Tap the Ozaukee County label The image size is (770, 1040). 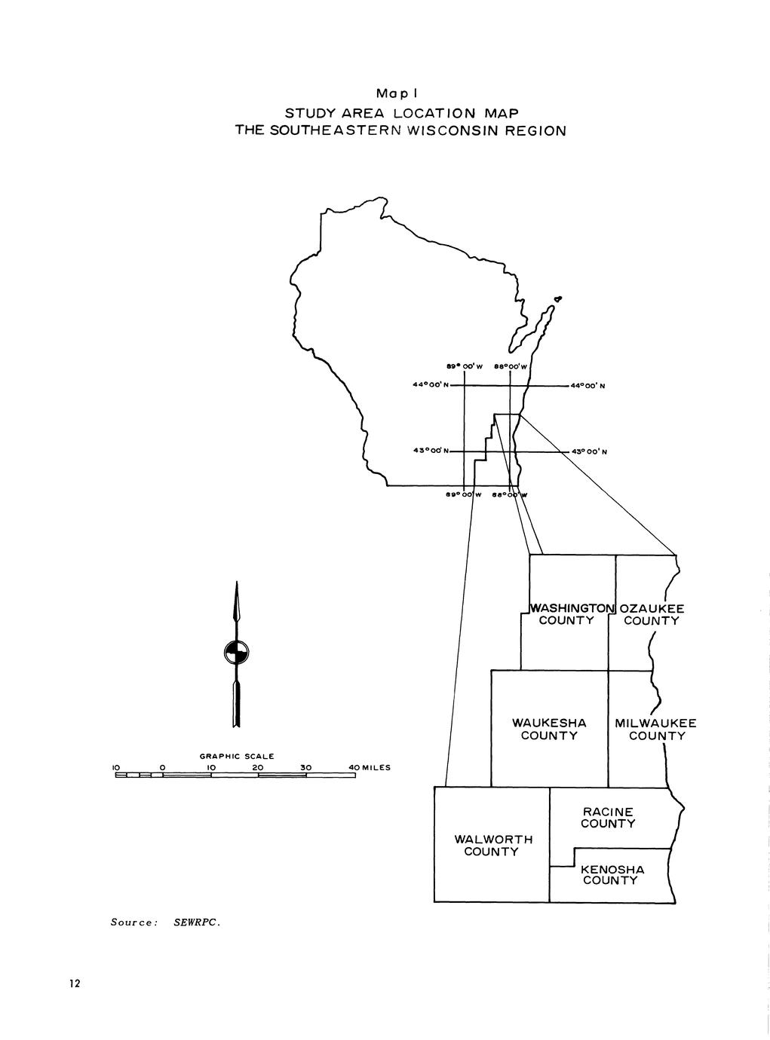[652, 614]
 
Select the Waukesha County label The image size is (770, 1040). [549, 729]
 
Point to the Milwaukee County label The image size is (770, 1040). [655, 729]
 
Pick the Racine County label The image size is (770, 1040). [607, 818]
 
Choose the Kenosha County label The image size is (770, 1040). [612, 875]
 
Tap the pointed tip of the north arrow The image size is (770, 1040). [236, 585]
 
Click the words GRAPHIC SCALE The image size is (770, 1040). [237, 756]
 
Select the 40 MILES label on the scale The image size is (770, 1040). [369, 768]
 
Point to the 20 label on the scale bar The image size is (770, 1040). [258, 768]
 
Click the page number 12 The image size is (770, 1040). [74, 983]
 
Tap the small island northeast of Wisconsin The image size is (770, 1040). [557, 300]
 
